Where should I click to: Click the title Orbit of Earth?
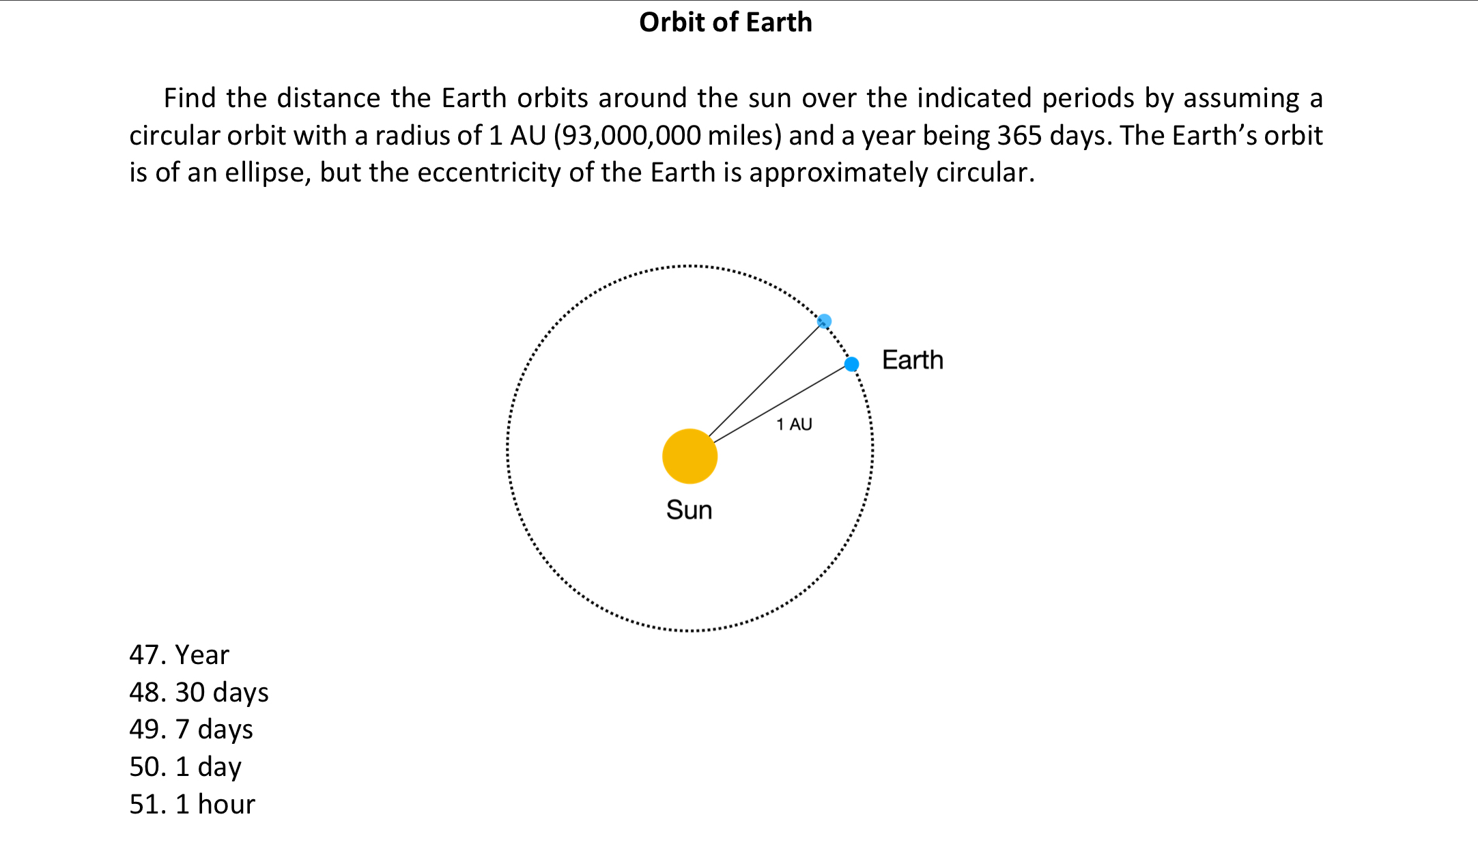click(x=725, y=22)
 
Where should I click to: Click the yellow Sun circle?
click(x=690, y=456)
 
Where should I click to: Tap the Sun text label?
click(x=689, y=510)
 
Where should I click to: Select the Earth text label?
click(x=912, y=360)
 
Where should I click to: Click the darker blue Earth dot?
click(x=851, y=364)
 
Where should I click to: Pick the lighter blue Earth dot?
click(x=824, y=321)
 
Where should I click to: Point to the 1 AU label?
click(x=794, y=424)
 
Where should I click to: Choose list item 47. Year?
click(x=179, y=654)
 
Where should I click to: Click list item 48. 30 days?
click(x=199, y=692)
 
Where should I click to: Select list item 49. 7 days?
click(x=191, y=729)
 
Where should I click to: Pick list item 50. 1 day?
click(x=185, y=766)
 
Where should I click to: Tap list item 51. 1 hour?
click(x=192, y=804)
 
